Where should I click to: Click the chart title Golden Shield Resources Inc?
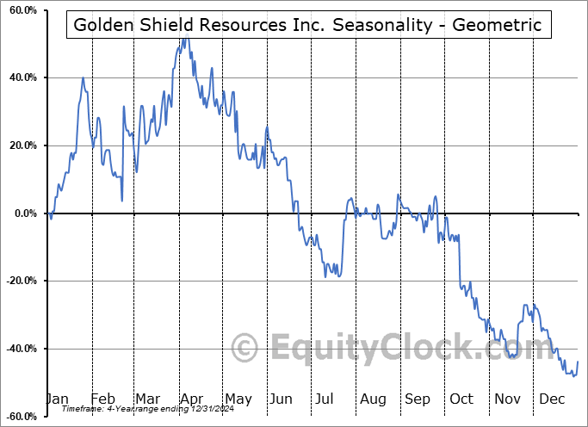tap(307, 25)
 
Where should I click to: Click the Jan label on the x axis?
tap(57, 399)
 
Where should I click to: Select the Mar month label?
tap(147, 399)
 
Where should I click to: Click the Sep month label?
tap(418, 399)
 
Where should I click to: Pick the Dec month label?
tap(552, 399)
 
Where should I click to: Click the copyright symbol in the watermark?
tap(245, 348)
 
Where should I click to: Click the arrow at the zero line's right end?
tap(580, 213)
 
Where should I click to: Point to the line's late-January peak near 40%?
tap(84, 78)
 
